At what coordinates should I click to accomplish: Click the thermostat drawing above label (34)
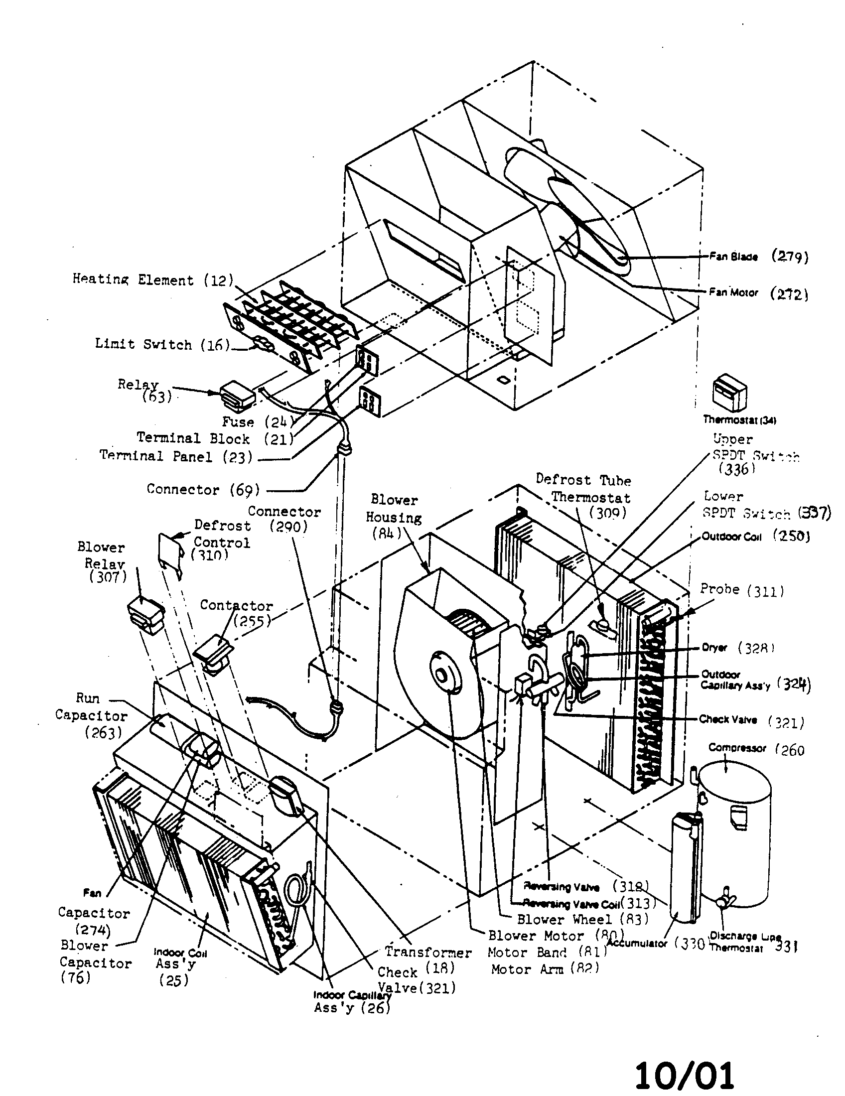pos(730,394)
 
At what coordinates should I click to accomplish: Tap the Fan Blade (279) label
pos(758,257)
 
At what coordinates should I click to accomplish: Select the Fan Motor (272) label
pos(758,293)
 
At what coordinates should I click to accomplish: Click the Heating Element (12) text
pos(153,279)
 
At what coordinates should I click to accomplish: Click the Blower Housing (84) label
pos(394,517)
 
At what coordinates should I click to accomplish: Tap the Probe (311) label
pos(742,590)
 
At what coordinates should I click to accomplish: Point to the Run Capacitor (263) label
pos(91,715)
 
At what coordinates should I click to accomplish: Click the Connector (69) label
pos(203,489)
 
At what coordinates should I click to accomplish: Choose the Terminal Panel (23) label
pos(175,456)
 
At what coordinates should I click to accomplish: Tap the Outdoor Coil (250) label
pos(755,537)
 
